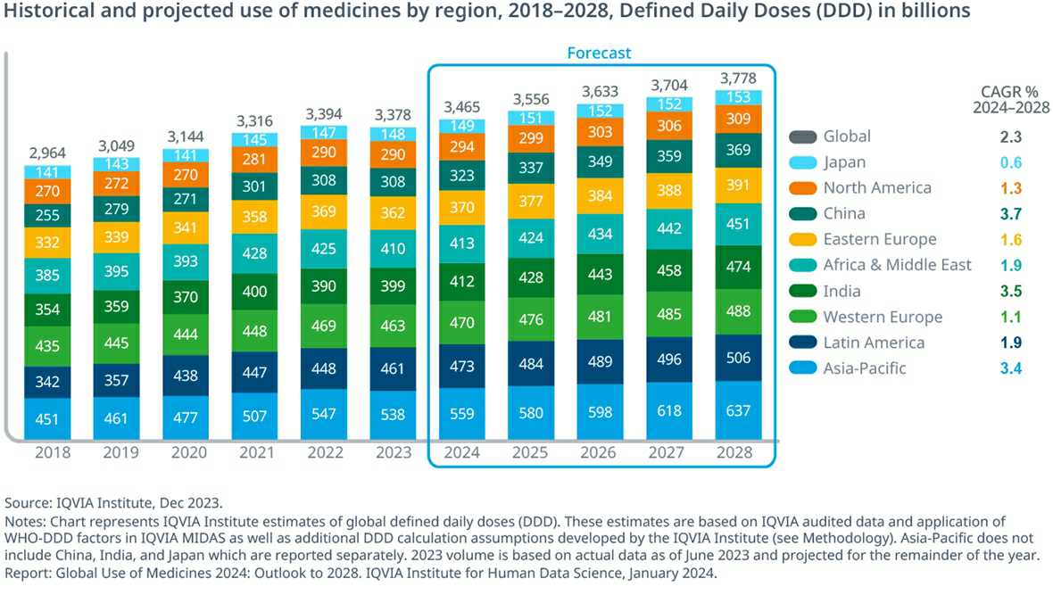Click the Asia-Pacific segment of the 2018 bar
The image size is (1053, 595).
(47, 419)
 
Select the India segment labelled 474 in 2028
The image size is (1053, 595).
(738, 267)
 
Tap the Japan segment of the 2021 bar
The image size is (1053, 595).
(254, 140)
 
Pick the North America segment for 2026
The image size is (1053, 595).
(600, 132)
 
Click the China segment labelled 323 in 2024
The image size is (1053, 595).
(462, 175)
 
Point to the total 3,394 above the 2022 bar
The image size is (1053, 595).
(324, 114)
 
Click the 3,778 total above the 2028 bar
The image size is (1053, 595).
(738, 79)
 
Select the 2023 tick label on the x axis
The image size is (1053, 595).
(394, 452)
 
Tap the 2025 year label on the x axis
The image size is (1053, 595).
(530, 452)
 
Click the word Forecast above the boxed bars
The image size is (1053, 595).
(599, 53)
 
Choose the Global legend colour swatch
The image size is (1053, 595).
(803, 136)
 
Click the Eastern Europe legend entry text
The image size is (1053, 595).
(880, 239)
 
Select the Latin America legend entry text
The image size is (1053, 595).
(874, 343)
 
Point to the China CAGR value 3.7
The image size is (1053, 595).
(1011, 214)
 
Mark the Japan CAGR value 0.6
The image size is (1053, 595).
(1011, 162)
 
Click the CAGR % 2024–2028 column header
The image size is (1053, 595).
(1011, 99)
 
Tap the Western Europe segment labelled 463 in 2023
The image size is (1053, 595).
(393, 326)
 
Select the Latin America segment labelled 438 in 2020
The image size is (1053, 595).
(186, 376)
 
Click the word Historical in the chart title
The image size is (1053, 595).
(42, 11)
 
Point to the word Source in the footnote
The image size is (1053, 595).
(27, 503)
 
